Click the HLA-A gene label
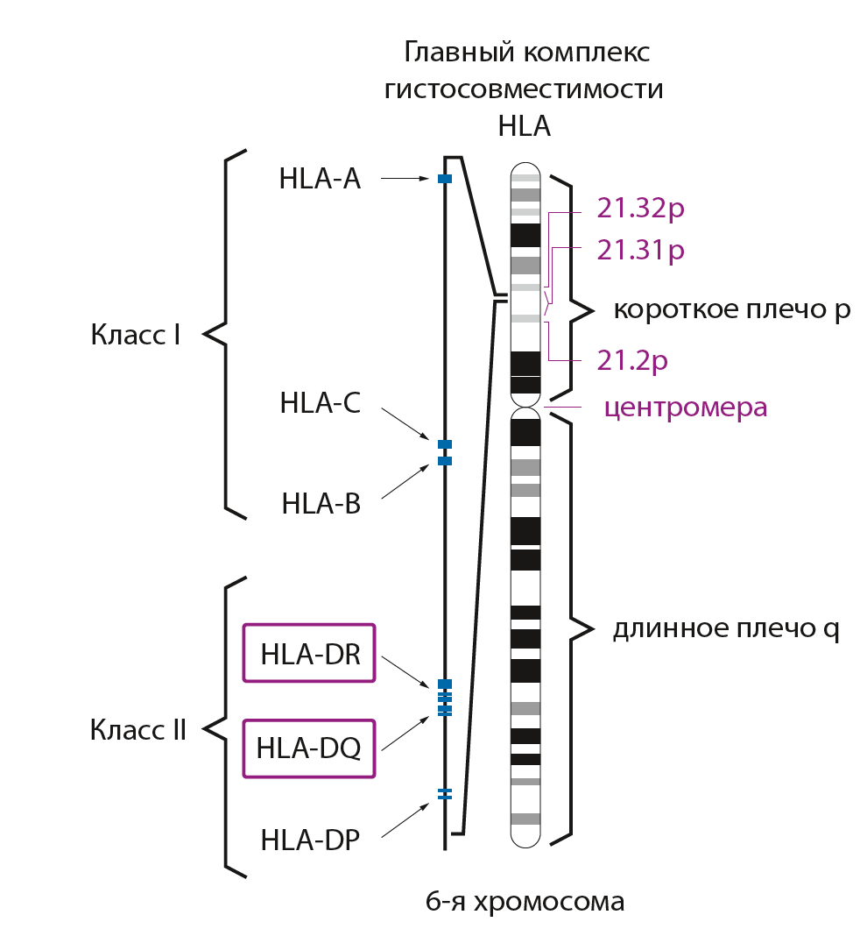click(x=320, y=179)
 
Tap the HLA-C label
click(x=321, y=403)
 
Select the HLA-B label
click(x=321, y=504)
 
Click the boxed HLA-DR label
click(x=310, y=653)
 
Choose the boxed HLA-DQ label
click(x=309, y=748)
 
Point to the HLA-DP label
click(x=310, y=840)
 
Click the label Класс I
click(x=135, y=335)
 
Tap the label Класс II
click(x=137, y=730)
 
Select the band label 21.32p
click(x=640, y=208)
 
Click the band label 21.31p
click(x=640, y=251)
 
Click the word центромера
click(x=686, y=408)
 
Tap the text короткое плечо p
click(x=731, y=309)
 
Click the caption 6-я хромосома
click(x=525, y=902)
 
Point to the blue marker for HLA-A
click(x=444, y=179)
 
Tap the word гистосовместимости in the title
click(x=524, y=89)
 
